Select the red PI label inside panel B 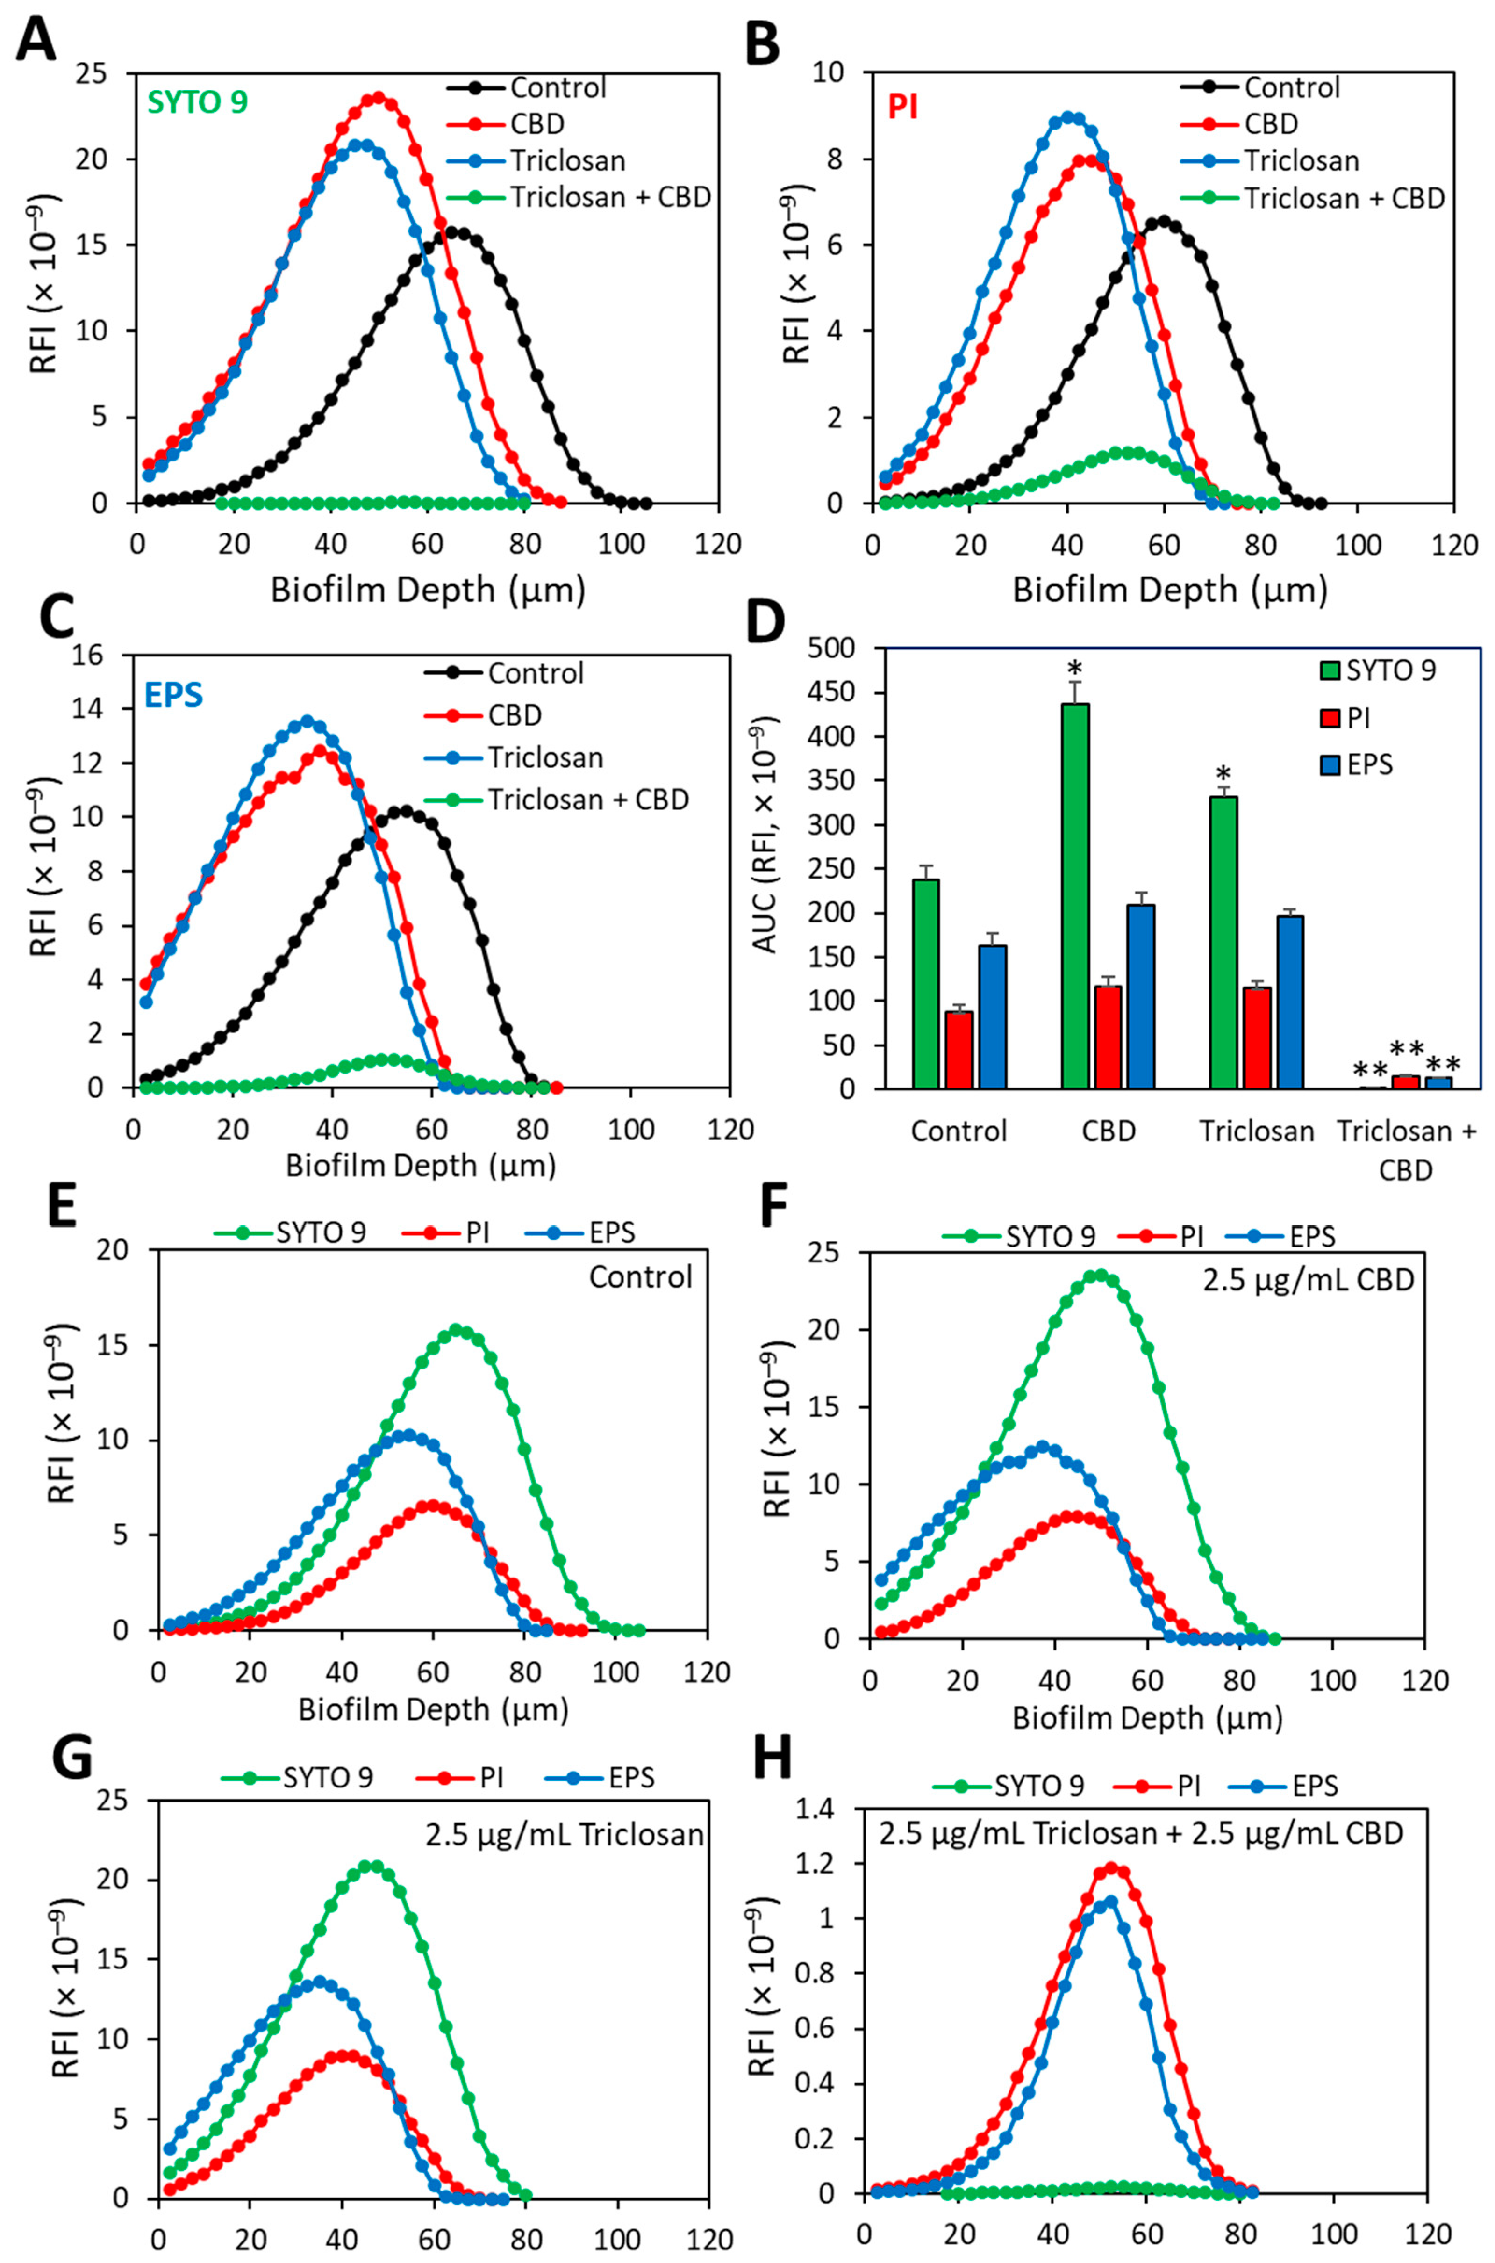[903, 107]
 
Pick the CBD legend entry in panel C [515, 715]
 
